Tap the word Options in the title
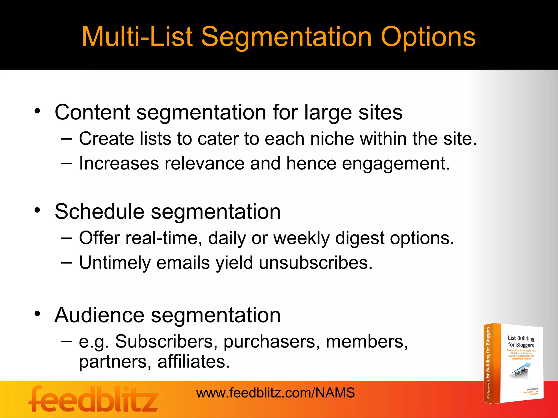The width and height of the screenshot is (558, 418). click(428, 38)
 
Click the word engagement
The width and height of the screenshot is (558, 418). click(396, 164)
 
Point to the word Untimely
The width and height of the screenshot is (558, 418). click(115, 263)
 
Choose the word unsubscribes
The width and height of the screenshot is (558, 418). click(315, 263)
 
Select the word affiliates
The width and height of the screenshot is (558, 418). click(193, 362)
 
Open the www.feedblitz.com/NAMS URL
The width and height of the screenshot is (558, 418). click(275, 393)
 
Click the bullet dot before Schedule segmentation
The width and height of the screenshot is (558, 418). click(37, 210)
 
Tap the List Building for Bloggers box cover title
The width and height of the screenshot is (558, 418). click(521, 342)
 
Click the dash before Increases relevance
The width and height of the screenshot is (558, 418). click(66, 163)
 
